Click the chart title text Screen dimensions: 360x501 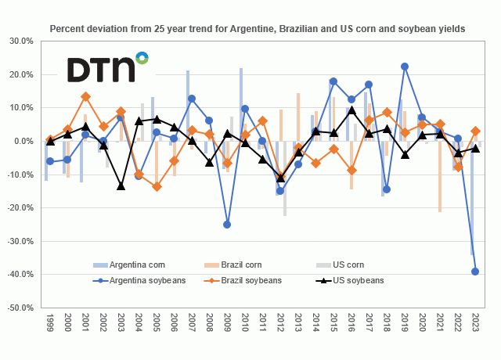258,28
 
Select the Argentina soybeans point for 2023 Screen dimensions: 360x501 474,272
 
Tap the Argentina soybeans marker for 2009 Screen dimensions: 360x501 227,225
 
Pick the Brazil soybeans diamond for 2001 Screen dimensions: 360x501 85,96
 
